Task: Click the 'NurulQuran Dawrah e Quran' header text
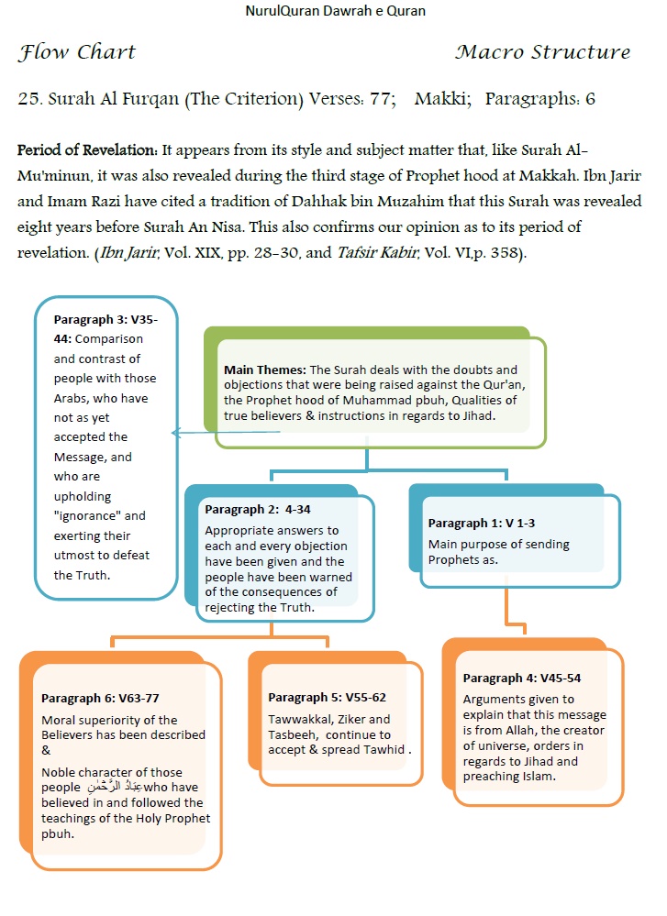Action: pyautogui.click(x=335, y=11)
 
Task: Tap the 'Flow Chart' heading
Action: pyautogui.click(x=76, y=52)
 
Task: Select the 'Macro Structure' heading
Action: pyautogui.click(x=542, y=52)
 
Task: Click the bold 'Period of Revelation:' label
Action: pyautogui.click(x=87, y=149)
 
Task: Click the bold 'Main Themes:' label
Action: pyautogui.click(x=266, y=369)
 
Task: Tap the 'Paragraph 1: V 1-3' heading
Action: pyautogui.click(x=482, y=523)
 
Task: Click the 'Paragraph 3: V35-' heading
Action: pyautogui.click(x=106, y=319)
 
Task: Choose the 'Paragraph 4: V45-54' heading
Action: pyautogui.click(x=522, y=678)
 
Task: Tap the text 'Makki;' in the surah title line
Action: pyautogui.click(x=442, y=99)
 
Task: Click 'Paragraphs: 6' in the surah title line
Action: pyautogui.click(x=539, y=99)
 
